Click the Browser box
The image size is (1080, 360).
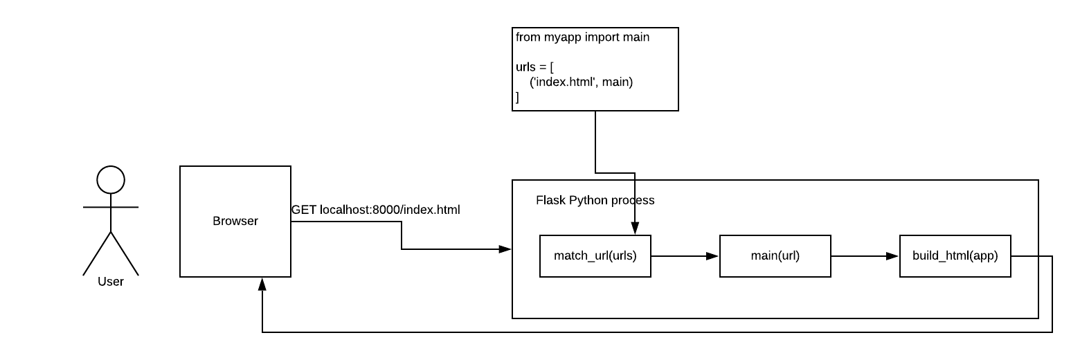pos(235,222)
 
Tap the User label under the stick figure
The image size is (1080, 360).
pos(111,282)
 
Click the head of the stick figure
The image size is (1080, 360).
pos(111,180)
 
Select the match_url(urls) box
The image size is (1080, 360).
pos(595,256)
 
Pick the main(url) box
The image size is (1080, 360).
pos(775,256)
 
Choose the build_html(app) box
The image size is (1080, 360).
pos(955,256)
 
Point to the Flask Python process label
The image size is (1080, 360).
pos(595,201)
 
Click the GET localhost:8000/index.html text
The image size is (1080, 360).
pos(376,209)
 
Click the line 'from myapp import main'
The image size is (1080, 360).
pos(583,37)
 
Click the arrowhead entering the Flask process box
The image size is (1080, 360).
pos(506,249)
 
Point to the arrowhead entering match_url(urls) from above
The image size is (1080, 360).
pos(636,229)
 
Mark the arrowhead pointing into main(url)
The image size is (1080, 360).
pos(713,256)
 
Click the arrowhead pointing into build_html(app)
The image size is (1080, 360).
pos(893,256)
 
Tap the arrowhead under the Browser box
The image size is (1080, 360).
pos(262,284)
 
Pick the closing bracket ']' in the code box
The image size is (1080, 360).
pos(517,97)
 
